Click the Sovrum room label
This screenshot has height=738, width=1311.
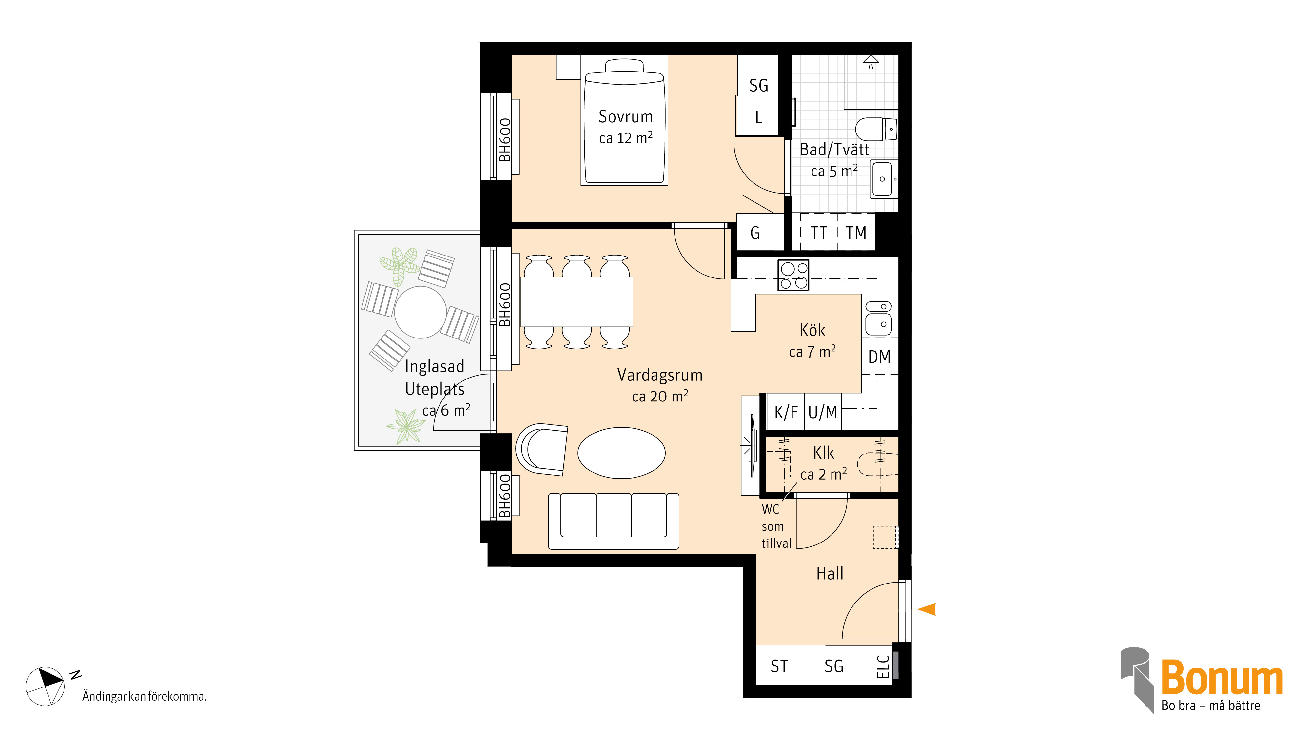[x=625, y=117]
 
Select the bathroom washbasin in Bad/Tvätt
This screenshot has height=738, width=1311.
[x=884, y=179]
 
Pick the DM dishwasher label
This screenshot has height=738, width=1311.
[x=879, y=357]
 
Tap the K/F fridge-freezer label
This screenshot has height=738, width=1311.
[x=786, y=412]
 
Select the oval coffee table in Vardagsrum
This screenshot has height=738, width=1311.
[x=621, y=453]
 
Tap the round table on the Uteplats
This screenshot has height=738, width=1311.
[x=421, y=312]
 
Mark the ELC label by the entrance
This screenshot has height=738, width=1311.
[x=883, y=667]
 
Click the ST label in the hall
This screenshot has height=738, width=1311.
[x=779, y=666]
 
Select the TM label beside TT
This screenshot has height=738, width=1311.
[x=856, y=233]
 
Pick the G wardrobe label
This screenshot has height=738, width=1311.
[x=755, y=233]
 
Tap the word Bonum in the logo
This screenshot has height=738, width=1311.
[x=1222, y=677]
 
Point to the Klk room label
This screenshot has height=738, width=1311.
[x=823, y=453]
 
